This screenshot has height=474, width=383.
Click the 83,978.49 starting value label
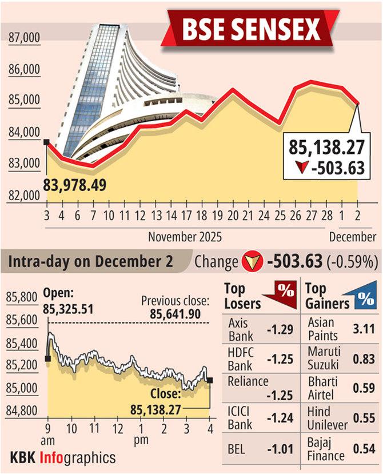click(x=75, y=185)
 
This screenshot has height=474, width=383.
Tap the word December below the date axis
click(x=353, y=236)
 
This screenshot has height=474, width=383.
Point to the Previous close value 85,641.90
click(x=177, y=314)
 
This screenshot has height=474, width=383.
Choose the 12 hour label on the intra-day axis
click(x=117, y=429)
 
